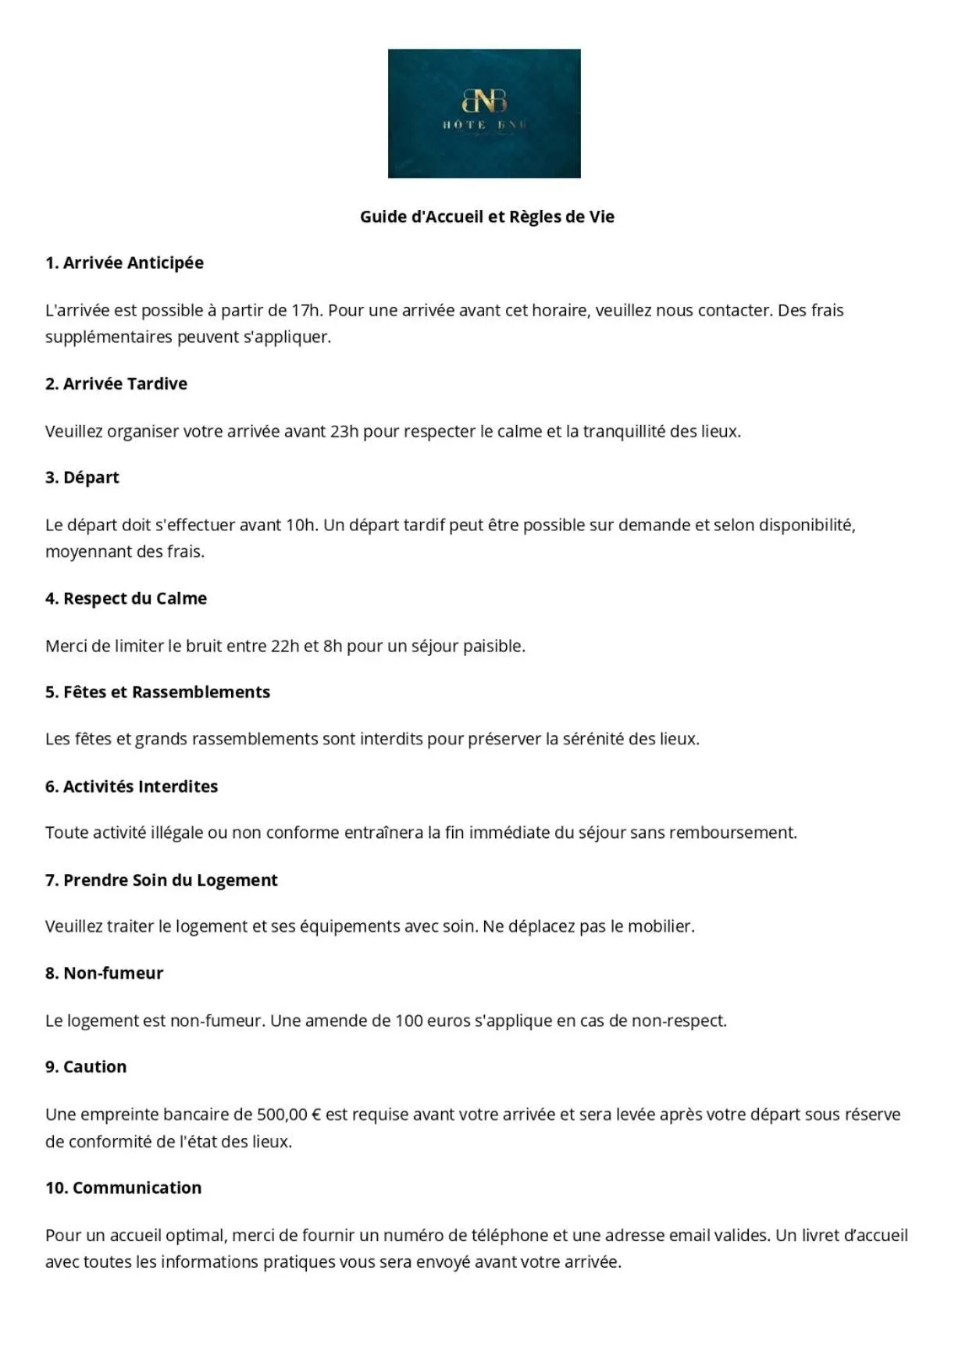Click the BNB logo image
484,113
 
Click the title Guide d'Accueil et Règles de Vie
486,216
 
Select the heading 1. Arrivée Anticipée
124,262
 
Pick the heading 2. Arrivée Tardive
116,384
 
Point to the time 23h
344,431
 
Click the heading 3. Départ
82,477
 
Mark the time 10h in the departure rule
301,525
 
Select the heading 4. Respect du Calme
126,598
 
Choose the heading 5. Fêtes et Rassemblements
158,692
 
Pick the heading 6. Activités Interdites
131,787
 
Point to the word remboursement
732,833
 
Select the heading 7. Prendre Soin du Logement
161,880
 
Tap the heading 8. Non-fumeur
104,973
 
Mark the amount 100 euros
433,1021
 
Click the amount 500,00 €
289,1115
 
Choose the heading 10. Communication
123,1188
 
